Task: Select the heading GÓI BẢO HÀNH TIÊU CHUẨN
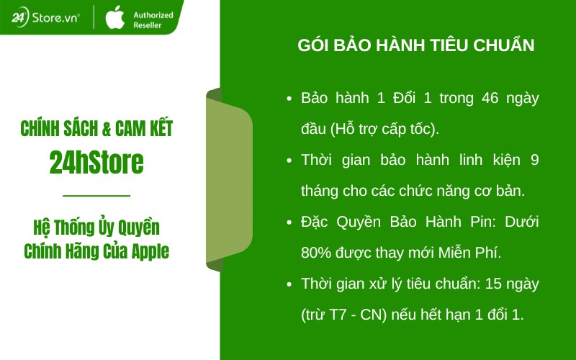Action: tap(416, 45)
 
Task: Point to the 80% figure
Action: tap(315, 253)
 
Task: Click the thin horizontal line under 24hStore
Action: tap(96, 195)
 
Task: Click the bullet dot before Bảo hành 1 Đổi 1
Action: tap(289, 99)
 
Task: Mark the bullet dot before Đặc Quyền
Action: tap(289, 222)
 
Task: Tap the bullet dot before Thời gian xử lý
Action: tap(289, 284)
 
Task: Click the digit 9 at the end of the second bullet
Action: tap(534, 160)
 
